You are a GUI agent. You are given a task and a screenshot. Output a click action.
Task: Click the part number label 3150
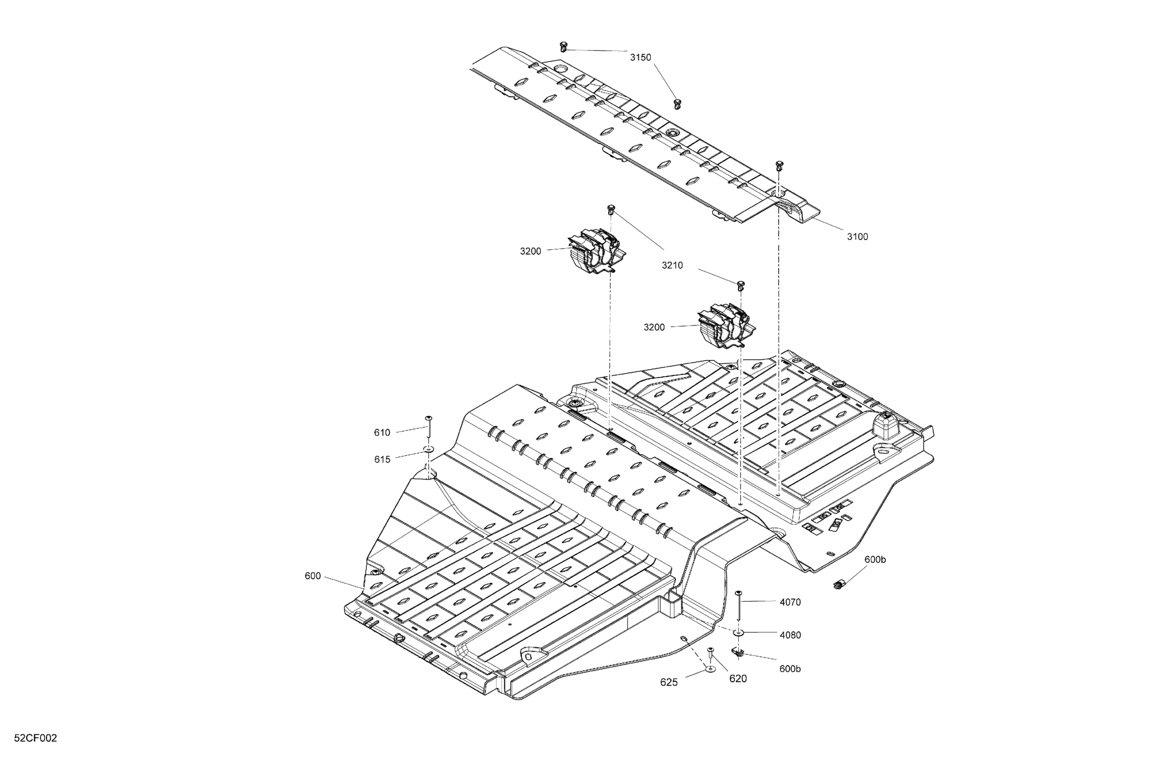(640, 57)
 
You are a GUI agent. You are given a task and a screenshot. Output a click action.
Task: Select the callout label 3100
(857, 236)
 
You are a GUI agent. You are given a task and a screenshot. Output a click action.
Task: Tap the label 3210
(672, 265)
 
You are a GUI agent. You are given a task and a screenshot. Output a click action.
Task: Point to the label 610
(382, 432)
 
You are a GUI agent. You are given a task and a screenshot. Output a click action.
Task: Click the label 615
(382, 459)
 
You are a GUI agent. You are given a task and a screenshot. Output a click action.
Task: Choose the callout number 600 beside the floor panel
(312, 575)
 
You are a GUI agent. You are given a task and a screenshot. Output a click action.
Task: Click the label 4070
(790, 602)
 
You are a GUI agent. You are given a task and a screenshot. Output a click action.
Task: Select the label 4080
(790, 635)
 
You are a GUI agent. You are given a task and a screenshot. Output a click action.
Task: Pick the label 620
(738, 679)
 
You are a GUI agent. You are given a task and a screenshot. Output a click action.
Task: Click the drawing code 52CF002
(35, 738)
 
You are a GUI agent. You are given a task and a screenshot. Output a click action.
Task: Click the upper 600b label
(875, 559)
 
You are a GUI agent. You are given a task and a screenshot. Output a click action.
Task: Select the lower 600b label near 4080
(790, 669)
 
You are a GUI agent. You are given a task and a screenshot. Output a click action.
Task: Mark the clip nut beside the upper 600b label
(838, 584)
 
